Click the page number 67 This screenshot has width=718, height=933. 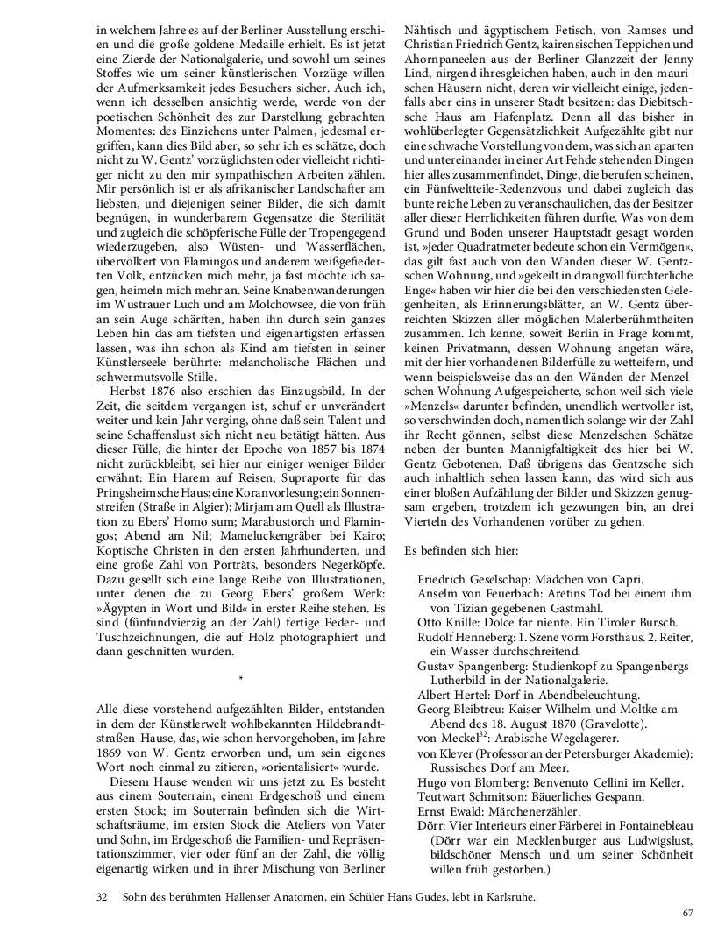coord(687,914)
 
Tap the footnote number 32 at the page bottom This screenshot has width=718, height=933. coord(101,897)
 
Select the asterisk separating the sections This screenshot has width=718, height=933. coord(239,678)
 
